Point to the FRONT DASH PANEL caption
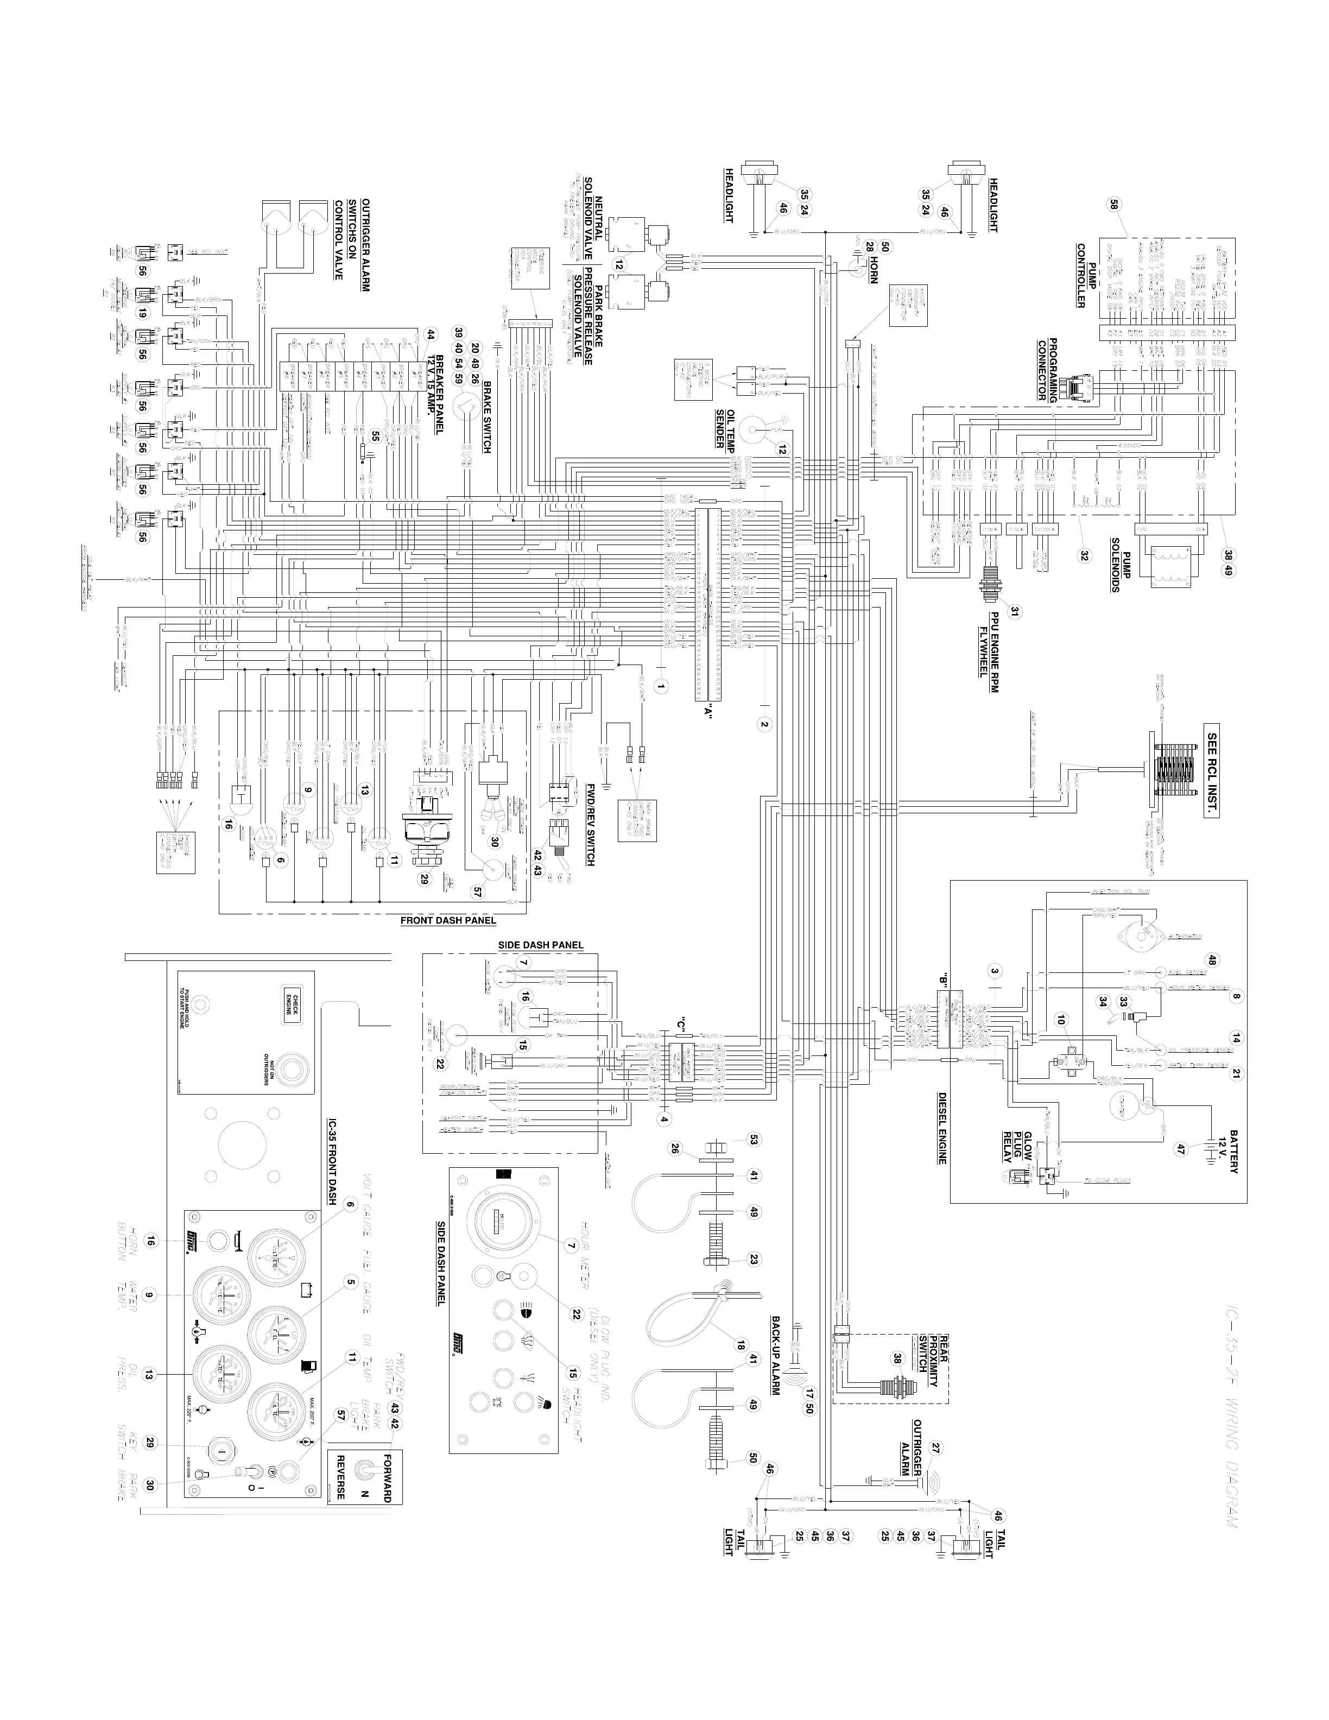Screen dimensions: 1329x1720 coord(448,919)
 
